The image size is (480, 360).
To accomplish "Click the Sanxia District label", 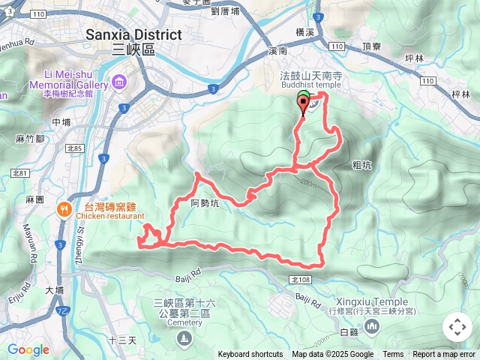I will (133, 34).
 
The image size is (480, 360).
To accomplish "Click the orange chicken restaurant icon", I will (65, 210).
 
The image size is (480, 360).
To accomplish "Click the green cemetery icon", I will (184, 340).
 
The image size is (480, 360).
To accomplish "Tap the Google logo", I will (28, 349).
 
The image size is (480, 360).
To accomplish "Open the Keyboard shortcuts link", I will (250, 355).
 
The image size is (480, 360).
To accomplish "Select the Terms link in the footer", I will (393, 355).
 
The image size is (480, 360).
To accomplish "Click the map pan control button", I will (457, 328).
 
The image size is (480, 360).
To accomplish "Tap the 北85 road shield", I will (73, 148).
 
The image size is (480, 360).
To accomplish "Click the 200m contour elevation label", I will (307, 182).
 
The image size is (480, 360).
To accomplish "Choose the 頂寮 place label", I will (371, 46).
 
